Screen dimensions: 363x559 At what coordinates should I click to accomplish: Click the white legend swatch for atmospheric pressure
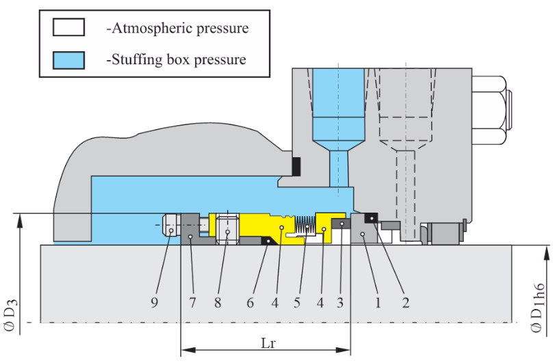pyautogui.click(x=68, y=27)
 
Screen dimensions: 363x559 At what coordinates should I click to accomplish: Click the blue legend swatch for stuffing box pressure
pyautogui.click(x=68, y=59)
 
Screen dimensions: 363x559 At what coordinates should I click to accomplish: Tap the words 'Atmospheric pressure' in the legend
pyautogui.click(x=178, y=28)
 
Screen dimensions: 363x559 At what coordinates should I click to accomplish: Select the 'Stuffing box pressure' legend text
pyautogui.click(x=177, y=59)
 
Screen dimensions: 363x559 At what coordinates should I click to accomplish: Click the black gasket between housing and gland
pyautogui.click(x=296, y=166)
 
